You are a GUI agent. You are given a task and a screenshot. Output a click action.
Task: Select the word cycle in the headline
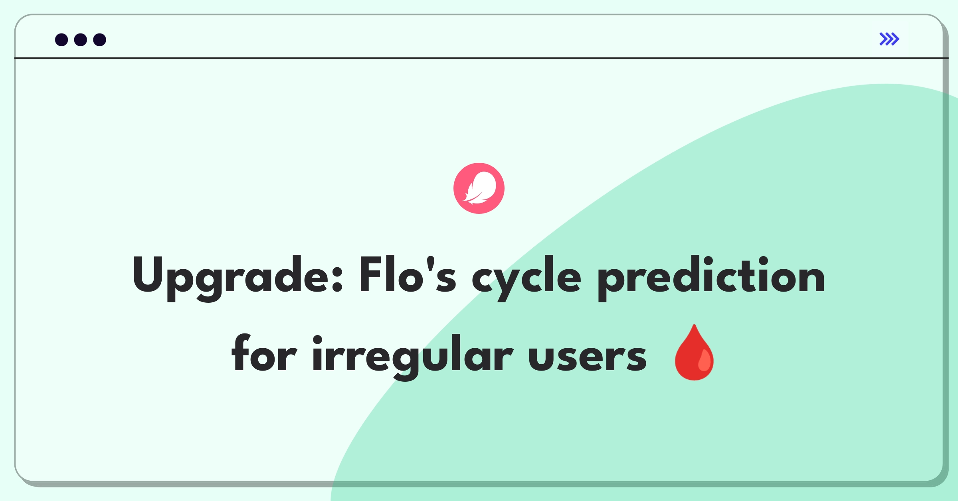(526, 278)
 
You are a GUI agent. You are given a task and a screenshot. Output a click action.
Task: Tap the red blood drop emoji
(694, 352)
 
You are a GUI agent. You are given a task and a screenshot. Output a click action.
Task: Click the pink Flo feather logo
(479, 188)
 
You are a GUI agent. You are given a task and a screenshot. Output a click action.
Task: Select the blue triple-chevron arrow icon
(889, 39)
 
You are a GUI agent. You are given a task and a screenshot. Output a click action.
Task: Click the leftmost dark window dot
(61, 39)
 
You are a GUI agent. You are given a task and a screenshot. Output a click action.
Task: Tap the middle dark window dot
(81, 39)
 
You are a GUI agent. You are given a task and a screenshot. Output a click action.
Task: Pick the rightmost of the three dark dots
(100, 39)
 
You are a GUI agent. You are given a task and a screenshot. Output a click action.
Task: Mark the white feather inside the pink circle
(479, 188)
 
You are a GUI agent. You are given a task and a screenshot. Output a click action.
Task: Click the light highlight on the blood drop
(705, 360)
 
